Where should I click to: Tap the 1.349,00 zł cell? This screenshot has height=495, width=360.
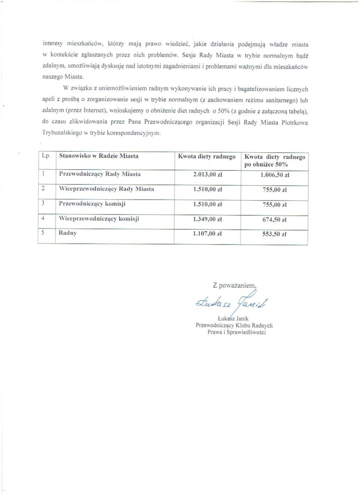[207, 218]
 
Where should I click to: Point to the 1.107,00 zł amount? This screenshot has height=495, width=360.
[207, 233]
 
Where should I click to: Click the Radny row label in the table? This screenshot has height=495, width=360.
[69, 233]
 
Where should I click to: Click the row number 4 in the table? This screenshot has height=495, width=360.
[43, 218]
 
